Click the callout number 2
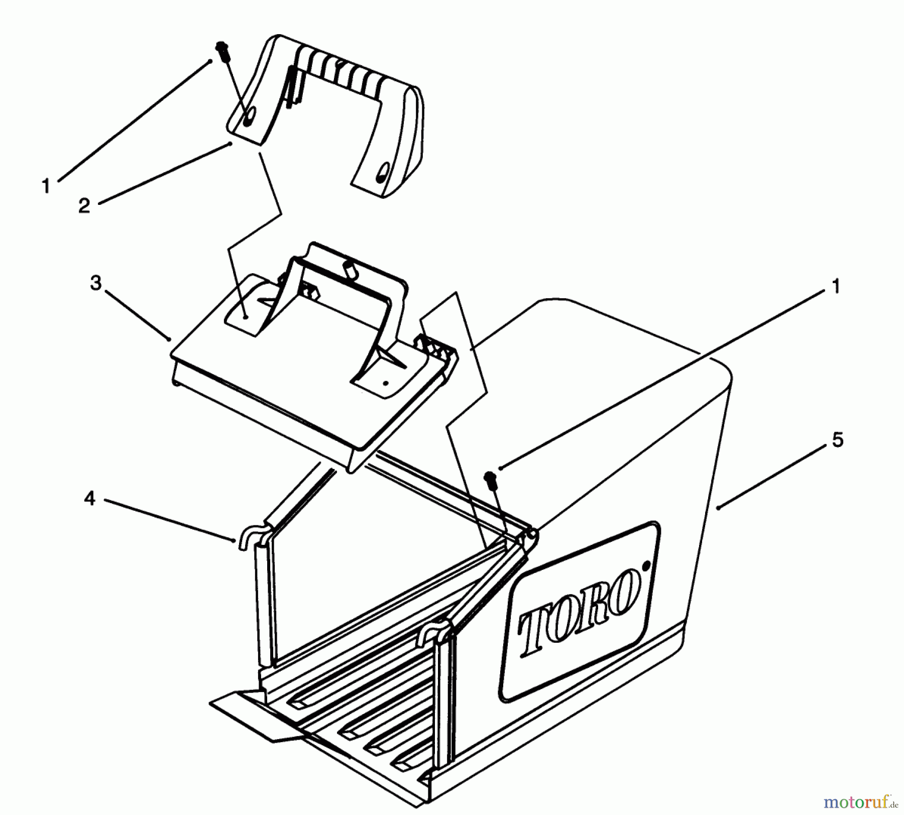point(84,205)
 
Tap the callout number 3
point(96,283)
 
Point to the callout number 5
point(838,439)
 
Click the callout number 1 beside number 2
point(46,187)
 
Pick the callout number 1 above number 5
point(836,287)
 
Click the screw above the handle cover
point(221,49)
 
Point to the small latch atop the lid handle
point(350,267)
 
